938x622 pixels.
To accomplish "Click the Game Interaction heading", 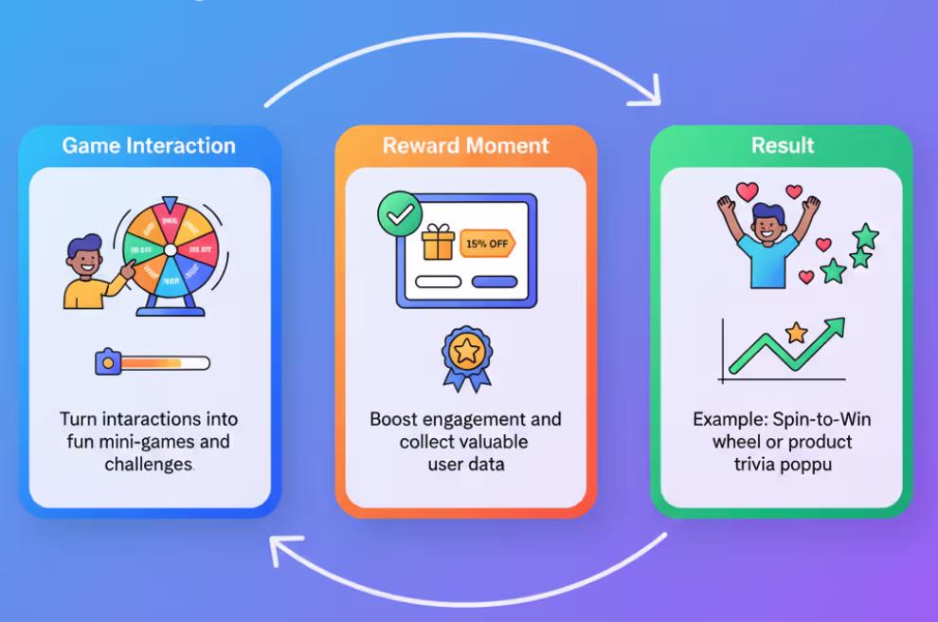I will click(149, 146).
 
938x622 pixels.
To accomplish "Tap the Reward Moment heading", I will click(465, 146).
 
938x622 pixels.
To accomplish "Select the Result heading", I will click(783, 146).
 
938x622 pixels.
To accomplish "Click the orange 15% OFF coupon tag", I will click(486, 244).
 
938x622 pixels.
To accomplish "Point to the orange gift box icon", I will click(438, 243).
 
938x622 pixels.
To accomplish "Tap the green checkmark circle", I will click(400, 214).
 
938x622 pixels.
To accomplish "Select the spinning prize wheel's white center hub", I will click(170, 249).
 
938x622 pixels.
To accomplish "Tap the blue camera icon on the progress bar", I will click(107, 362).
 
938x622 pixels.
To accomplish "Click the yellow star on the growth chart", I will click(796, 332).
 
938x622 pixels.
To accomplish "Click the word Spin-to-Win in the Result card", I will click(822, 419).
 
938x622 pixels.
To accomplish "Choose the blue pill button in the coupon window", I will click(495, 282).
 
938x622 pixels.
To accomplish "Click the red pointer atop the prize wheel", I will click(170, 204).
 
